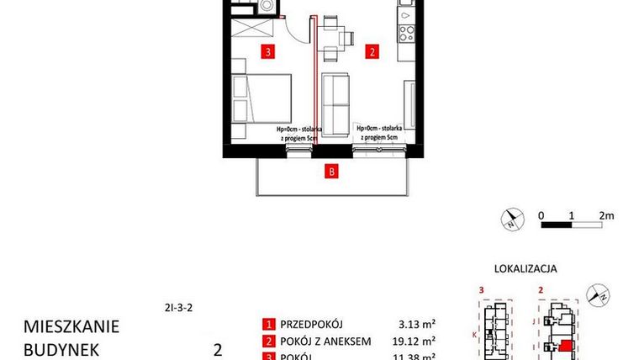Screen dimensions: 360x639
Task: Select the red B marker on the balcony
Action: (332, 173)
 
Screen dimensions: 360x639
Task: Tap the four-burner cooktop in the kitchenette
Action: (406, 34)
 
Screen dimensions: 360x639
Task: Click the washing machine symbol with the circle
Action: (267, 6)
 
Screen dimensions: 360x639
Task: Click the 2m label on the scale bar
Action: (606, 215)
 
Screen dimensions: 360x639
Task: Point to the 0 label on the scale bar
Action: (542, 215)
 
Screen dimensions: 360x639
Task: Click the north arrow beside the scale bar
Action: (510, 220)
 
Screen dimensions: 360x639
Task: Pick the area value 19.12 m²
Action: (415, 341)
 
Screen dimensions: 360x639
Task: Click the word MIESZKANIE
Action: (71, 326)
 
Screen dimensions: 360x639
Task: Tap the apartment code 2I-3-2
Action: (179, 308)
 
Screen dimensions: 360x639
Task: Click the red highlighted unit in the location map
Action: (567, 346)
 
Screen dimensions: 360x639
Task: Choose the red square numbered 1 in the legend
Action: (268, 324)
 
